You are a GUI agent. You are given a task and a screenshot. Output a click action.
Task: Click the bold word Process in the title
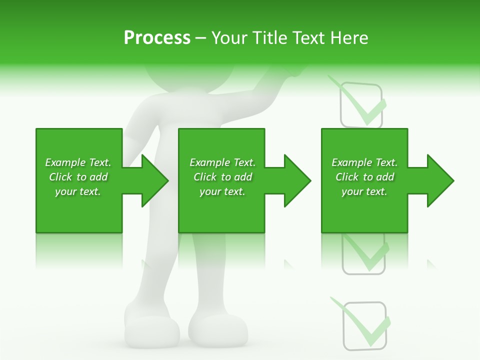tap(157, 38)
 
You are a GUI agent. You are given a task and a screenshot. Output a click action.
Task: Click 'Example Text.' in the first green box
tap(78, 162)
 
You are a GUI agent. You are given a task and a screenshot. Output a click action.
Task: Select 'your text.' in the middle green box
tap(222, 191)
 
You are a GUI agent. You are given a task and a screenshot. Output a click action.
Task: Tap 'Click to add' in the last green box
tap(364, 177)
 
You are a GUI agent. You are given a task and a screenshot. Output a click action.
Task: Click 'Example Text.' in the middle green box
tap(222, 162)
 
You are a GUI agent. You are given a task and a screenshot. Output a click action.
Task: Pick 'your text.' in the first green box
tap(78, 191)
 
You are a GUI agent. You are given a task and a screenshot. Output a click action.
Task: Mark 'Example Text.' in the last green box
tap(364, 162)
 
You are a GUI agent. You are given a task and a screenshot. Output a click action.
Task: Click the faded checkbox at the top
tap(361, 104)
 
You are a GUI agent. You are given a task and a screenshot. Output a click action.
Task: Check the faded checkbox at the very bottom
tap(365, 325)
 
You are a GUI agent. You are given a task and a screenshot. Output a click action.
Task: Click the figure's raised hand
tap(285, 72)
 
